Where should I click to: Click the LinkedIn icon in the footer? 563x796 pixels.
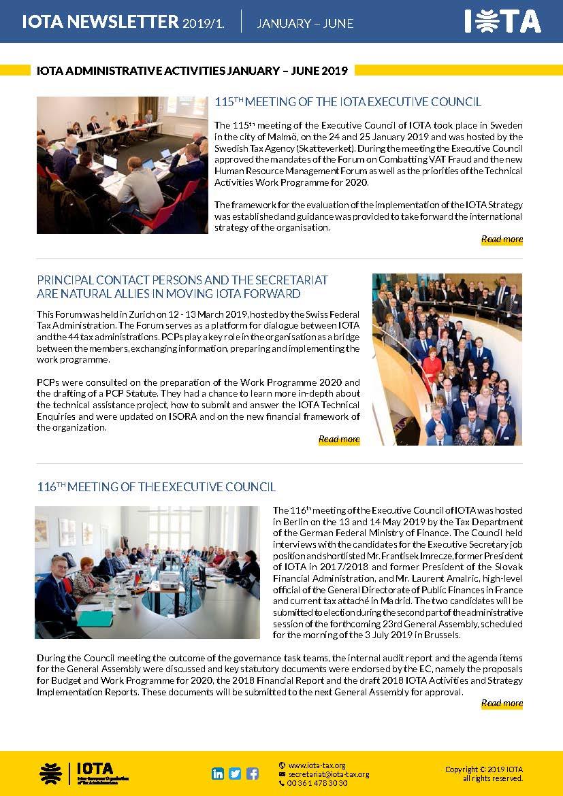[218, 774]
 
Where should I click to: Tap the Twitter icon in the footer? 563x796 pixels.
[235, 774]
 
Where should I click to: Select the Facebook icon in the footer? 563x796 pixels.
[253, 774]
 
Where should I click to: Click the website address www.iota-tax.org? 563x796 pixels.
[317, 765]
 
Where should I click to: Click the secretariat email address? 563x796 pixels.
[328, 774]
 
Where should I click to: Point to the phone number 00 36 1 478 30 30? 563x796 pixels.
[317, 783]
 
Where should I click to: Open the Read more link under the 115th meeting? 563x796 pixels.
[502, 239]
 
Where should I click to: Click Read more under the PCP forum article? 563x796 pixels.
[339, 440]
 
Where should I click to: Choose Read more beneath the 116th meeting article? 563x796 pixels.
[502, 703]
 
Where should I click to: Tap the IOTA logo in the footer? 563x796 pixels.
[84, 774]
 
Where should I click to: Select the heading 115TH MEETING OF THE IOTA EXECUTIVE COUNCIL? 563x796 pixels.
[348, 102]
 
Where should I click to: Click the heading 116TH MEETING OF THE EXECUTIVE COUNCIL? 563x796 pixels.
[156, 487]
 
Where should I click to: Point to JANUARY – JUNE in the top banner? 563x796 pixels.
[305, 23]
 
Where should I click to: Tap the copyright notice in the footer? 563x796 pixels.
[484, 774]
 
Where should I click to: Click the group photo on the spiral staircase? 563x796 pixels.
[447, 359]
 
